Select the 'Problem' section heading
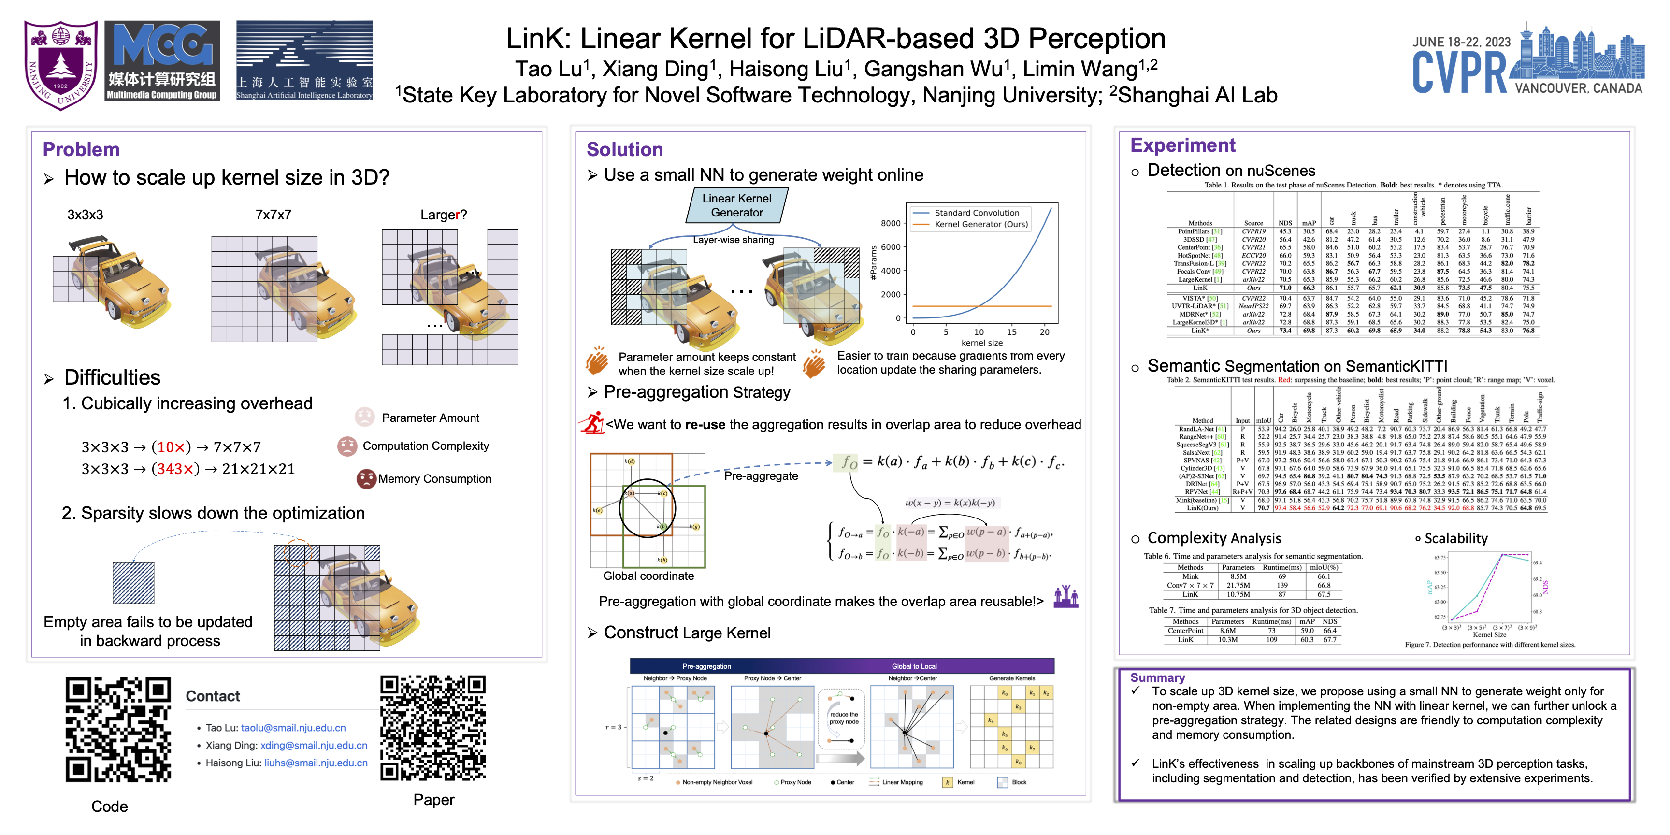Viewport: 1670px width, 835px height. click(x=81, y=149)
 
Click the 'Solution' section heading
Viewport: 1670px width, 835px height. click(x=624, y=149)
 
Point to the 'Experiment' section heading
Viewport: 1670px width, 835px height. click(x=1182, y=145)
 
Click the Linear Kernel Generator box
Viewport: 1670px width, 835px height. click(x=736, y=205)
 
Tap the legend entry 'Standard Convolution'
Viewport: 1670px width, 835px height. click(x=976, y=213)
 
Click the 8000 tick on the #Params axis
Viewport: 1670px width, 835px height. click(x=890, y=223)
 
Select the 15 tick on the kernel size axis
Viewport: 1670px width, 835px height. click(x=1011, y=332)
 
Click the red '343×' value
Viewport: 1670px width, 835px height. click(x=174, y=469)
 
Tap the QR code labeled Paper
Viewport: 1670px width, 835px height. click(x=433, y=727)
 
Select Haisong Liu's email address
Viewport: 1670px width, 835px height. click(x=316, y=763)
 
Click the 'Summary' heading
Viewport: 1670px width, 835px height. click(x=1157, y=677)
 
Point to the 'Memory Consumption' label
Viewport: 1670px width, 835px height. click(x=434, y=478)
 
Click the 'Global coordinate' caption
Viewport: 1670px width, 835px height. click(x=648, y=576)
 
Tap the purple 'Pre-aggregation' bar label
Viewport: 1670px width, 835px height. click(x=706, y=666)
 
